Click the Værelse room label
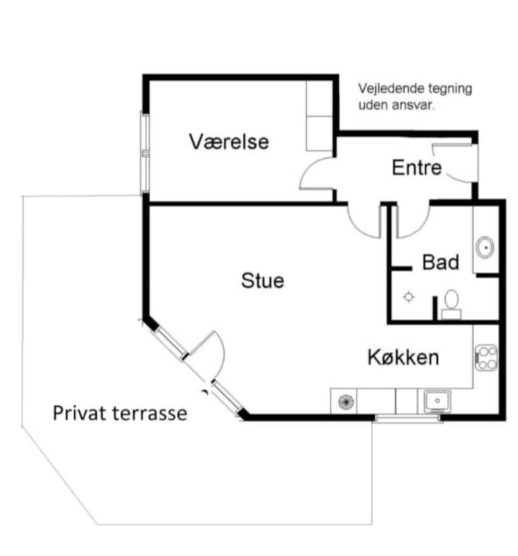tap(229, 141)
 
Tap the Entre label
tap(417, 167)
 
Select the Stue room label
tap(263, 280)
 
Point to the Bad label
tap(440, 262)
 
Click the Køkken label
tap(403, 357)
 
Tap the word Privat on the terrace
tap(79, 413)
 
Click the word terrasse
tap(150, 413)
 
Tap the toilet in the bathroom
tap(451, 304)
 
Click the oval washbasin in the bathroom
tap(485, 247)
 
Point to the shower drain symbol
tap(409, 297)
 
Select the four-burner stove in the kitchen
tap(486, 358)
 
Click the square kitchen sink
tap(437, 400)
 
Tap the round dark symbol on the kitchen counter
tap(347, 402)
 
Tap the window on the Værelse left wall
tap(145, 153)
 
